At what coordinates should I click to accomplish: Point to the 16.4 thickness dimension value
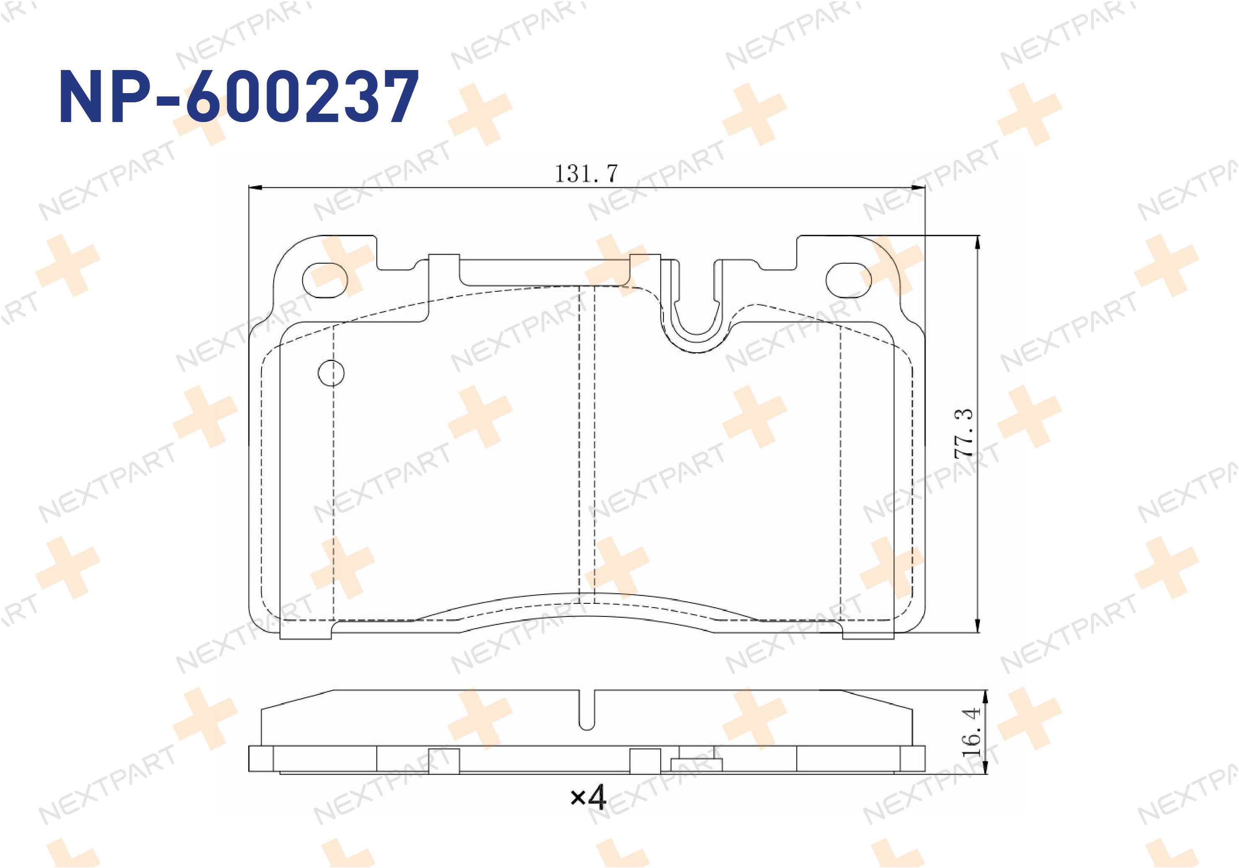pyautogui.click(x=971, y=732)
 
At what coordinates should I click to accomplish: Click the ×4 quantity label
pyautogui.click(x=588, y=797)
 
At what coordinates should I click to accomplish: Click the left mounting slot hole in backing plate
pyautogui.click(x=325, y=280)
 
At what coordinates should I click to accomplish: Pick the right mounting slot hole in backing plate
pyautogui.click(x=849, y=280)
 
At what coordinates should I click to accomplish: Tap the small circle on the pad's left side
pyautogui.click(x=331, y=373)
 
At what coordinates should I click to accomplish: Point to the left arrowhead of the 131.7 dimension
pyautogui.click(x=255, y=188)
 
